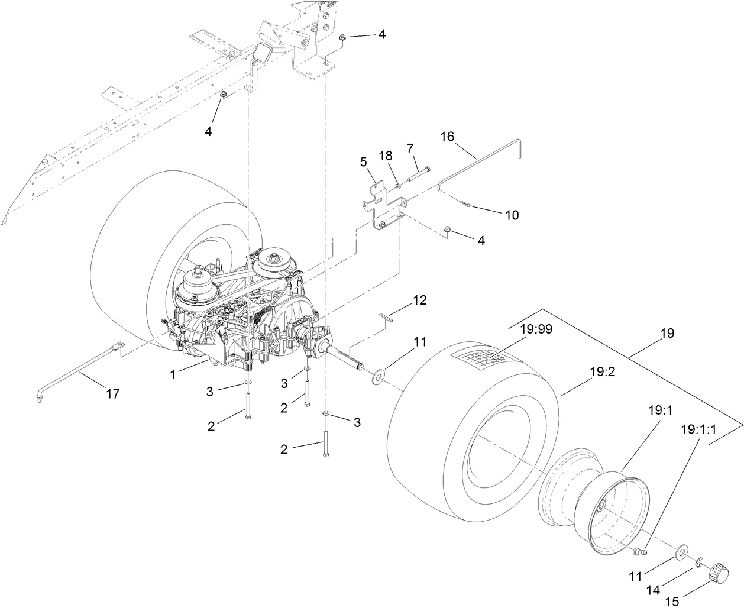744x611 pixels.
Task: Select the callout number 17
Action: (112, 393)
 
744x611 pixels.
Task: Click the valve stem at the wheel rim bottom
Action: (638, 551)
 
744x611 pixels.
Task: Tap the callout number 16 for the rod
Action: (447, 137)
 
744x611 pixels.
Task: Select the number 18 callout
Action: (386, 156)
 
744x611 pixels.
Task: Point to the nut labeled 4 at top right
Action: (343, 38)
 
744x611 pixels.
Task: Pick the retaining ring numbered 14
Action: (698, 560)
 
